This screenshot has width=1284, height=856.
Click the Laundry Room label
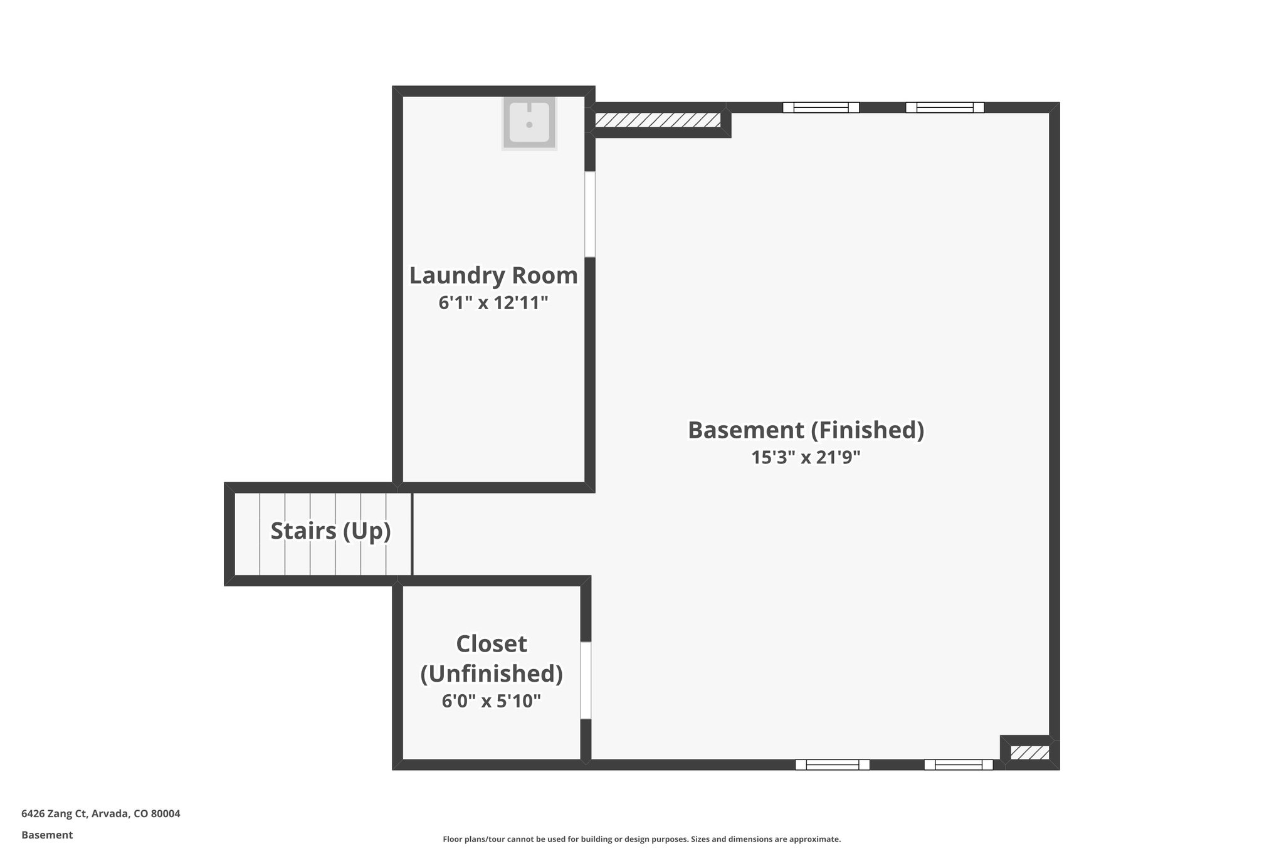coord(493,275)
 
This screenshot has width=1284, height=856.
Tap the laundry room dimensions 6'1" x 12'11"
coord(493,303)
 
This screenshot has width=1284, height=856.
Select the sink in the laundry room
coord(529,123)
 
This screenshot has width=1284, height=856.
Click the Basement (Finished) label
coord(806,430)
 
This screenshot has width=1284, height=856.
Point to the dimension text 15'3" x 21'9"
coord(806,457)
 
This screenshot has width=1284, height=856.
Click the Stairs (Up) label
coord(330,531)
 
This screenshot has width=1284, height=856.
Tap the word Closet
coord(491,643)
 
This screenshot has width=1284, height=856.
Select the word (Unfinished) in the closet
coord(491,673)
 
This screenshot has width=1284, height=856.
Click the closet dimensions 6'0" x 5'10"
coord(491,700)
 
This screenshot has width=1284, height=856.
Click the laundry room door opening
coord(589,214)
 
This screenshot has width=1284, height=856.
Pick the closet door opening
coord(585,680)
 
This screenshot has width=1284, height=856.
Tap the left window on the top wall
coord(821,107)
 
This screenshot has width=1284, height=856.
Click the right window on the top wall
coord(944,107)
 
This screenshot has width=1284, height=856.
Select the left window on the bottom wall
coord(832,764)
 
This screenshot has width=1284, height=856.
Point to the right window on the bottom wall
coord(959,764)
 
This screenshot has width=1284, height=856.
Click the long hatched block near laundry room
coord(657,120)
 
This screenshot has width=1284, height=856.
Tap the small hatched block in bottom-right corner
coord(1029,753)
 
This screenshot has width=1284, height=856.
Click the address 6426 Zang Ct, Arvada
coord(101,814)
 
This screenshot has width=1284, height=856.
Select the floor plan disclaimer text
coord(641,839)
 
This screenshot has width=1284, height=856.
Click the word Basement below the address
coord(47,835)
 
